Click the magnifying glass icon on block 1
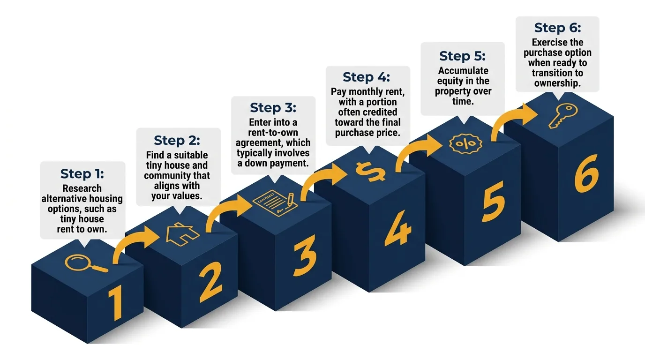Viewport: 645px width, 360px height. (x=85, y=263)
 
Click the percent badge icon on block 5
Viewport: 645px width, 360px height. (x=463, y=144)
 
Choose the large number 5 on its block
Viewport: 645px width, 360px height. (x=494, y=200)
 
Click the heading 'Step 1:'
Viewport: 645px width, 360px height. (x=82, y=174)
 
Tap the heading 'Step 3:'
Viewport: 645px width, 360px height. (x=273, y=107)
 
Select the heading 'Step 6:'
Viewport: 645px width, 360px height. (x=557, y=28)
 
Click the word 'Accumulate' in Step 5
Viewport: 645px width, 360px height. (x=463, y=71)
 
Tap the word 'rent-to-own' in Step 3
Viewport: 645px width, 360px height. (x=273, y=133)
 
